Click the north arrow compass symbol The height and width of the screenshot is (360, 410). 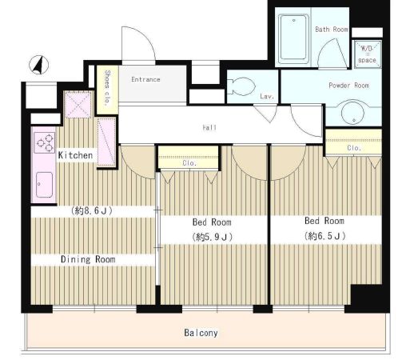click(x=39, y=65)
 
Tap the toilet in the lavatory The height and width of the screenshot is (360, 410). click(x=241, y=86)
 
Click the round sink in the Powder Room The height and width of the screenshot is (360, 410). click(x=352, y=113)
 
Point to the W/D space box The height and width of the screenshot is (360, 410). click(x=367, y=54)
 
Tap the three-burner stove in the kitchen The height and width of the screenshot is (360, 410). click(x=45, y=142)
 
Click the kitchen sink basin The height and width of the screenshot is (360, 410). click(x=44, y=185)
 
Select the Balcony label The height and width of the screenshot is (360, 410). click(x=201, y=333)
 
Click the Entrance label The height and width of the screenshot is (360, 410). click(x=145, y=79)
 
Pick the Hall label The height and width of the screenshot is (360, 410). click(x=209, y=127)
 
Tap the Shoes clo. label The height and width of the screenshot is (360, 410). click(x=107, y=88)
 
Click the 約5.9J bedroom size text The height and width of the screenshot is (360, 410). click(x=213, y=237)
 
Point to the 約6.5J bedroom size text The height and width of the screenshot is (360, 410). click(x=325, y=236)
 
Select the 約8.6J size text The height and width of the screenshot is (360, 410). click(x=91, y=211)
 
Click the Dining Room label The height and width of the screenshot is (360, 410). click(x=88, y=259)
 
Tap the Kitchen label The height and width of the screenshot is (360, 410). click(x=75, y=155)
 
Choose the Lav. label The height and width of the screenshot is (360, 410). click(x=267, y=96)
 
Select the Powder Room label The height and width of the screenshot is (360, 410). click(x=349, y=86)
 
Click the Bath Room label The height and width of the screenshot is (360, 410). click(x=332, y=30)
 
